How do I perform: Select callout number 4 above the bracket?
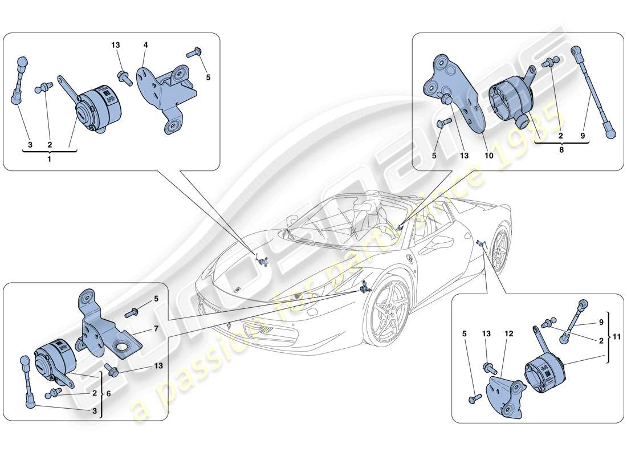click(x=145, y=44)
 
